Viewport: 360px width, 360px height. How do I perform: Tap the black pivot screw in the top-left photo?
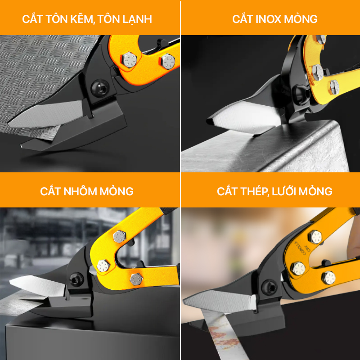pos(99,88)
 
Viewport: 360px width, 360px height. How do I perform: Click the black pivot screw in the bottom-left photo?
pos(76,279)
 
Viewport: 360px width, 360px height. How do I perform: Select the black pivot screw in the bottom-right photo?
pos(269,287)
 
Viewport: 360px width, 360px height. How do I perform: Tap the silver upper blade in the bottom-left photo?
pos(37,285)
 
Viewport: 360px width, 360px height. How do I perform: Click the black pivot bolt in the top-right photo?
pos(301,94)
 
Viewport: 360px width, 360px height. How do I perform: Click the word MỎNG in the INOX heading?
pos(301,18)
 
